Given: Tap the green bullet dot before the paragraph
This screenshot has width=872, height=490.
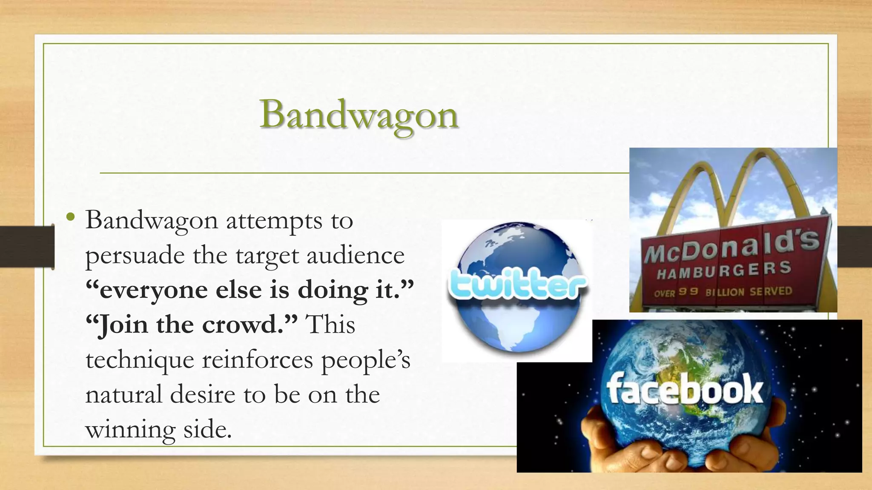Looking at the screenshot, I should pyautogui.click(x=71, y=217).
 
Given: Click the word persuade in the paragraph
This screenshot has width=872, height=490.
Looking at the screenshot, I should pyautogui.click(x=135, y=256).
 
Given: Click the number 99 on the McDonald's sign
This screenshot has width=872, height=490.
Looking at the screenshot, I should pyautogui.click(x=688, y=292).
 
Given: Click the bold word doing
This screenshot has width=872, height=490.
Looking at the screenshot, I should pyautogui.click(x=332, y=291).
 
